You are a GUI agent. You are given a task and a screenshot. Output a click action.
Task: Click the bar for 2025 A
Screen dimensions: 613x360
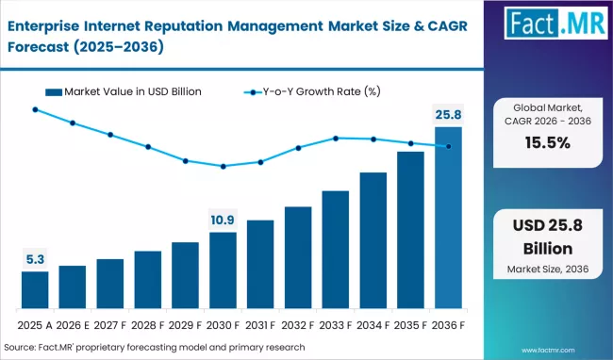(x=35, y=289)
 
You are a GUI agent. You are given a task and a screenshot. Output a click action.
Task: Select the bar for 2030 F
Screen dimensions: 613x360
(x=223, y=270)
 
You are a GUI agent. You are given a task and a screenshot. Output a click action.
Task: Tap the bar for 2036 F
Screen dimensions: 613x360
(x=448, y=218)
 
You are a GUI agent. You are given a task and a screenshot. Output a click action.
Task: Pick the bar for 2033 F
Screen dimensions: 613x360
(x=336, y=250)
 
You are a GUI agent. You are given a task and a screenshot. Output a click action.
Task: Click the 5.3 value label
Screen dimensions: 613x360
(x=35, y=259)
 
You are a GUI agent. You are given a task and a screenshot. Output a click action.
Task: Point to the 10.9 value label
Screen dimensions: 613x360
(x=223, y=221)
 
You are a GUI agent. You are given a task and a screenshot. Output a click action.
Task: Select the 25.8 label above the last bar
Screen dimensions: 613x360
(x=448, y=115)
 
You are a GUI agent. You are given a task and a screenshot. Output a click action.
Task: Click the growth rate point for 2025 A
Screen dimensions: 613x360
(x=35, y=109)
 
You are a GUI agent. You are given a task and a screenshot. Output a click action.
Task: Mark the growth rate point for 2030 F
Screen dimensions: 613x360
(x=224, y=166)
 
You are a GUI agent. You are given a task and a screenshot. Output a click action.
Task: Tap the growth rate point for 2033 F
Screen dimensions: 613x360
(x=336, y=139)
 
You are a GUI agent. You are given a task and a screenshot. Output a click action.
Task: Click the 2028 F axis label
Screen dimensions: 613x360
(x=148, y=325)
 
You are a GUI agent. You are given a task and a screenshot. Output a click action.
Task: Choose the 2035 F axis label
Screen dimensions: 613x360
(x=410, y=325)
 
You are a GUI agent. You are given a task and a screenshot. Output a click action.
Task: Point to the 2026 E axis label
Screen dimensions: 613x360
(x=73, y=325)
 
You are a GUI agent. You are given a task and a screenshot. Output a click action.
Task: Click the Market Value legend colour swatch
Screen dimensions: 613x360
(x=54, y=92)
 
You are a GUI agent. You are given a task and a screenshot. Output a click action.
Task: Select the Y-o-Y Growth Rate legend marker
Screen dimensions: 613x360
(x=253, y=92)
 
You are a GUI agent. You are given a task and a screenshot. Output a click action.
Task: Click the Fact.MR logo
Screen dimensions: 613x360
(x=555, y=23)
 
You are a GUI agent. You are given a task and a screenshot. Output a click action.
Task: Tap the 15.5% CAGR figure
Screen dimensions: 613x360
(x=548, y=143)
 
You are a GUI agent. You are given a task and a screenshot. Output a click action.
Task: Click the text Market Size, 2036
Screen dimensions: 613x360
(x=548, y=269)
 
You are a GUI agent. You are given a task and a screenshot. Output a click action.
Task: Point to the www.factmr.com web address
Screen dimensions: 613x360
(x=548, y=351)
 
